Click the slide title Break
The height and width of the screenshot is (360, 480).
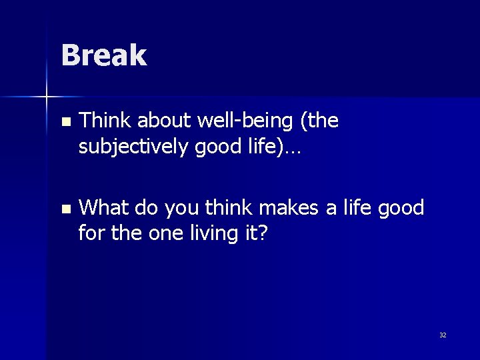click(103, 55)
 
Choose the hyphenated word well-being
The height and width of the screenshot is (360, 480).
click(242, 121)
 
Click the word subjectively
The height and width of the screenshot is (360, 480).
click(134, 147)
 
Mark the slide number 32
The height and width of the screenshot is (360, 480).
click(443, 335)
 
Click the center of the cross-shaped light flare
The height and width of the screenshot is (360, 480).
click(47, 97)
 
